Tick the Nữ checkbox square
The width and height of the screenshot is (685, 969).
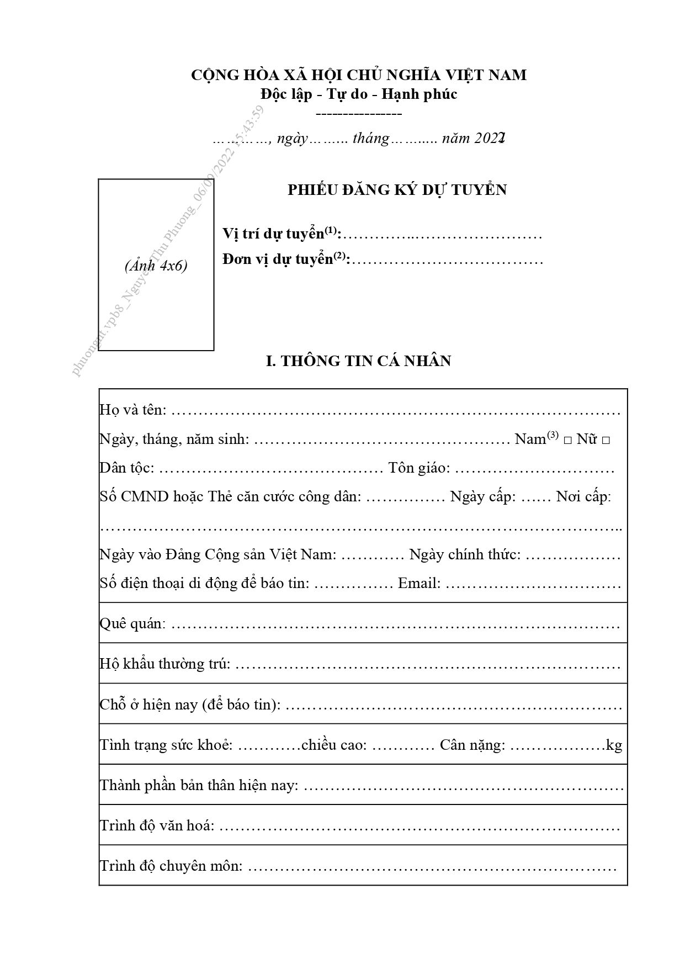pyautogui.click(x=606, y=441)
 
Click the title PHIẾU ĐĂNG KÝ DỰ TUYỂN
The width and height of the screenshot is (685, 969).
pyautogui.click(x=397, y=190)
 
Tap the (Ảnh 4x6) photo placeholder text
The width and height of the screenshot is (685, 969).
pyautogui.click(x=156, y=266)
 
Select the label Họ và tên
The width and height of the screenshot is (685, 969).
pyautogui.click(x=132, y=410)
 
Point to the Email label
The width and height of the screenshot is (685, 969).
pyautogui.click(x=419, y=584)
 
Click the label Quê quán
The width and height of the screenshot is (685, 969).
pyautogui.click(x=132, y=624)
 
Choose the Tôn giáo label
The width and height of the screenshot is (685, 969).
pyautogui.click(x=419, y=468)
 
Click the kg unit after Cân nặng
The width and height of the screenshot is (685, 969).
pyautogui.click(x=614, y=745)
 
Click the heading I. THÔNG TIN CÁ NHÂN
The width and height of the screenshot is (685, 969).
pyautogui.click(x=359, y=361)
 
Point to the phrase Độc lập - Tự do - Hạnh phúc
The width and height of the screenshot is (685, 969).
pyautogui.click(x=359, y=94)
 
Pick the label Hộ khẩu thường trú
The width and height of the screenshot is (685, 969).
pyautogui.click(x=164, y=664)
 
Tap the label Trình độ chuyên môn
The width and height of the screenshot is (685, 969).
pyautogui.click(x=171, y=866)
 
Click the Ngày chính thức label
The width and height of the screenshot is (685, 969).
pyautogui.click(x=465, y=554)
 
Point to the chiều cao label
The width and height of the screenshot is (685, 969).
pyautogui.click(x=334, y=745)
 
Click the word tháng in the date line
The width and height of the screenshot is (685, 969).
pyautogui.click(x=371, y=138)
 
